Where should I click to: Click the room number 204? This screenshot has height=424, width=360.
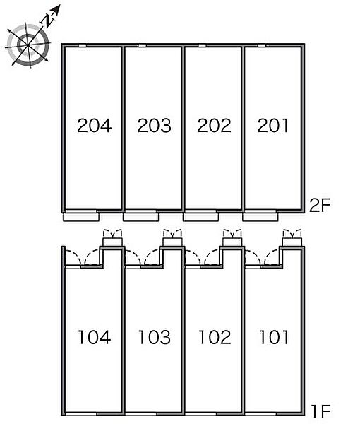[x=95, y=126]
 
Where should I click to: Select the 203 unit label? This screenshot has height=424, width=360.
[x=154, y=126]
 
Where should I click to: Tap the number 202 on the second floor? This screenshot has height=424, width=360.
[x=214, y=126]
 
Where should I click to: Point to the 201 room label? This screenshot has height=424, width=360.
[x=272, y=126]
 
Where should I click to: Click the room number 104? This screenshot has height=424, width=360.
[x=95, y=337]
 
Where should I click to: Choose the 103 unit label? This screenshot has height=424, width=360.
[x=154, y=337]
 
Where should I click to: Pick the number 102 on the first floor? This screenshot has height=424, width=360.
[x=215, y=337]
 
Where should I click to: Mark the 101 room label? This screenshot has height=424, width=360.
[x=274, y=337]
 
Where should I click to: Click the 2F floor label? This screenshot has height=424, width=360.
[x=320, y=205]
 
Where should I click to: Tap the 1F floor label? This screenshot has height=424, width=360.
[x=321, y=411]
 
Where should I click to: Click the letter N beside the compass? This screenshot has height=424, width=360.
[x=48, y=20]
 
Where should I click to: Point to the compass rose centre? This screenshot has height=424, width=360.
[x=28, y=45]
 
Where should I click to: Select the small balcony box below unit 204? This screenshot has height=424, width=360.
[x=81, y=217]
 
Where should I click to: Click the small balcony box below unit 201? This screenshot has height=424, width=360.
[x=260, y=217]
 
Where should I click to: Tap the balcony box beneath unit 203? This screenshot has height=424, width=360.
[x=140, y=217]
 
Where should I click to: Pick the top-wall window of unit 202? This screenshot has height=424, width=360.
[x=203, y=45]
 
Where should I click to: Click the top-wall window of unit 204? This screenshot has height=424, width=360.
[x=83, y=45]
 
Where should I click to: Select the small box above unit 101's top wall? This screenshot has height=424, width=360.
[x=292, y=242]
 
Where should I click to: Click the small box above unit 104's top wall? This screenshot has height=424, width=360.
[x=113, y=242]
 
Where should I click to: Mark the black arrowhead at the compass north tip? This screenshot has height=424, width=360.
[x=56, y=9]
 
